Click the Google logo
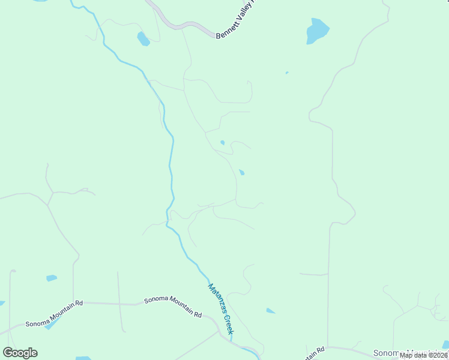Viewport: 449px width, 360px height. coord(20,353)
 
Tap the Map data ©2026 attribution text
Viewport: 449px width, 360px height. coord(424,355)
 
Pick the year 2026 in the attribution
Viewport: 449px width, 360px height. coord(439,355)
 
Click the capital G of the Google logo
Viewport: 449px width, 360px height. coord(8,353)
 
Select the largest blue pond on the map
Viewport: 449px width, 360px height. coord(317,31)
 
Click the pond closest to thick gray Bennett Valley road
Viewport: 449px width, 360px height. coord(143,40)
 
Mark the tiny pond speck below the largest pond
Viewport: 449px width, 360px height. coord(287,73)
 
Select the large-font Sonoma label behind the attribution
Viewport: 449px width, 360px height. coord(390,353)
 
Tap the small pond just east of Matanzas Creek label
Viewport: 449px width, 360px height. coord(271,311)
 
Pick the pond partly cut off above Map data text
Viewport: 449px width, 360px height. coord(445,345)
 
